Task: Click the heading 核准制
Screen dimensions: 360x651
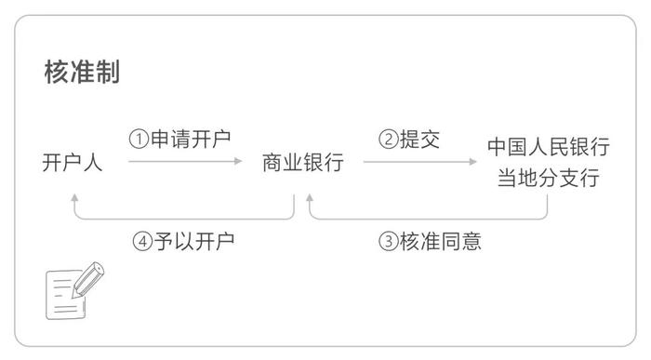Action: tap(82, 73)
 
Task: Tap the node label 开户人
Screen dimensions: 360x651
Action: tap(73, 163)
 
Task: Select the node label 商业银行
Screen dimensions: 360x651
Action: tap(303, 163)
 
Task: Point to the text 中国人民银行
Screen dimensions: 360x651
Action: tap(548, 147)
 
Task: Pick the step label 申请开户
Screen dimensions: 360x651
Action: tap(192, 139)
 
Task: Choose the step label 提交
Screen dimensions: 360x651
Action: tap(419, 140)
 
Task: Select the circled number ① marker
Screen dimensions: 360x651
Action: tap(139, 140)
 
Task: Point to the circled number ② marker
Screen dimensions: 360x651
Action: tap(387, 140)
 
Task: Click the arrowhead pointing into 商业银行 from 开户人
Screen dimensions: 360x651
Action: tap(238, 163)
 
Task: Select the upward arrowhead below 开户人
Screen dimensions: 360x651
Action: tap(73, 197)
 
